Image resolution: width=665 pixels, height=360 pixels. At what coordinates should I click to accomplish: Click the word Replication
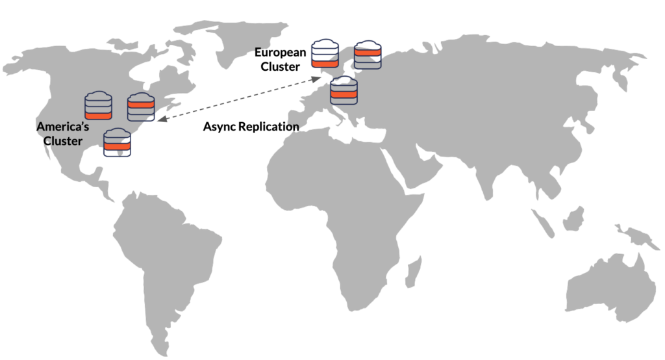[x=268, y=127]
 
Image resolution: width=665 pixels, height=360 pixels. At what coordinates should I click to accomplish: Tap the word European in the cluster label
[x=280, y=53]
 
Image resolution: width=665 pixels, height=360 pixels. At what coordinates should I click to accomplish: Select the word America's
[x=63, y=126]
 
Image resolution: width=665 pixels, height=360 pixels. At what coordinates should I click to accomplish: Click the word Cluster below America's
[x=63, y=140]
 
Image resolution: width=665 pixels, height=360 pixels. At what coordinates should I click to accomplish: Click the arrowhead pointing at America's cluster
[x=160, y=119]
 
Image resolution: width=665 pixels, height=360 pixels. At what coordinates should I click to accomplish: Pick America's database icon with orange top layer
[x=140, y=107]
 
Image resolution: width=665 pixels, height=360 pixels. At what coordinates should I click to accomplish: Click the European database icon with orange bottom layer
[x=325, y=54]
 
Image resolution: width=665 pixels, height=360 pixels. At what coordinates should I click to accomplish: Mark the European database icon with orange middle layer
[x=344, y=90]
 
